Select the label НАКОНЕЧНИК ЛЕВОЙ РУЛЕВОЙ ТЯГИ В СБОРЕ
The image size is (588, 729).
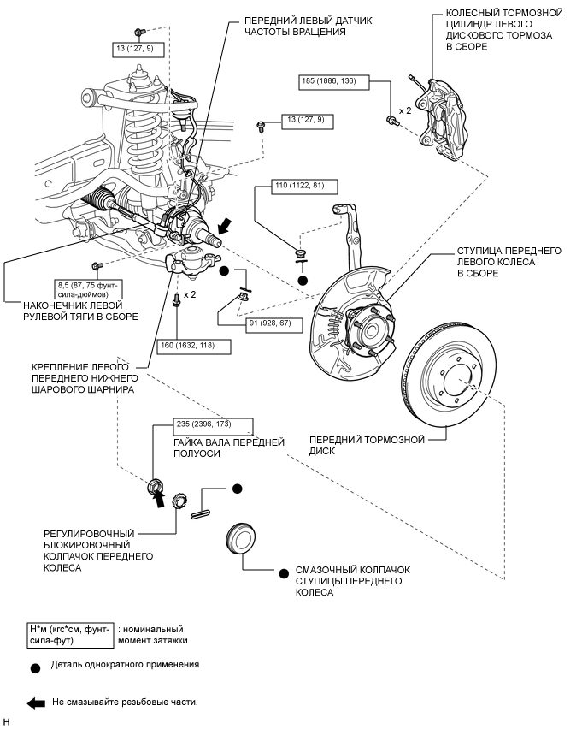click(x=69, y=311)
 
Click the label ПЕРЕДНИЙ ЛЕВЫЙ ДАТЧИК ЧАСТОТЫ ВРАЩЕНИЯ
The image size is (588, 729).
click(x=296, y=26)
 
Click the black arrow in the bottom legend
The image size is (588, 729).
click(x=36, y=702)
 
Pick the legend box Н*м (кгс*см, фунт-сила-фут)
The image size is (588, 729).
click(x=70, y=634)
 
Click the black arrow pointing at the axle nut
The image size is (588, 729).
click(x=159, y=499)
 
